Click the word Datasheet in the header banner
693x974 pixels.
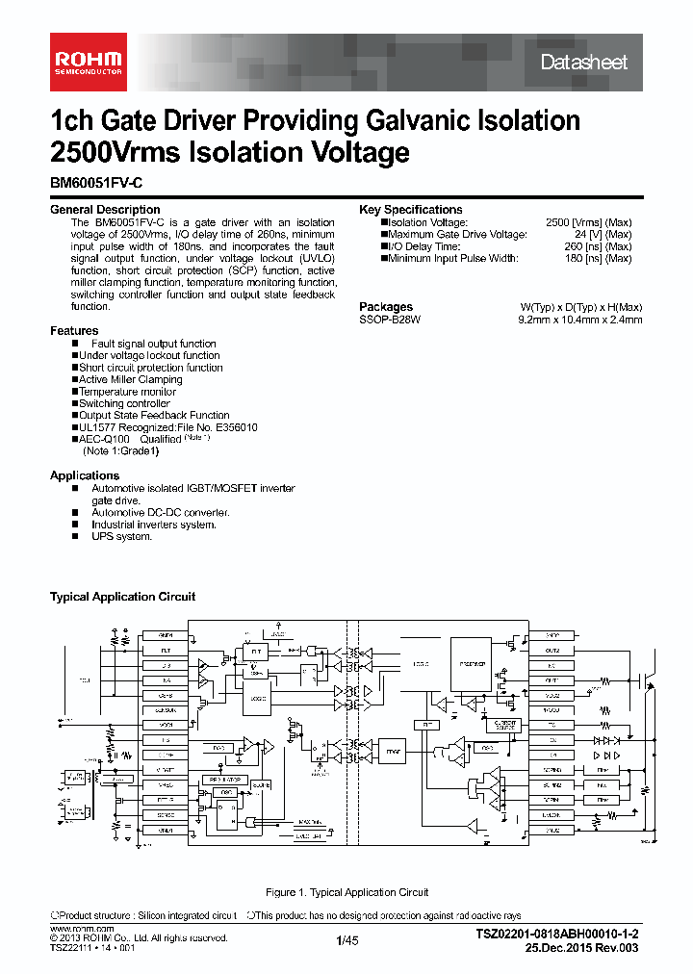[x=583, y=63]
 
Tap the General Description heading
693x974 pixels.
[x=105, y=210]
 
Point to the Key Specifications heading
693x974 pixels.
[x=411, y=210]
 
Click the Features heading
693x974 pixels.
[x=74, y=331]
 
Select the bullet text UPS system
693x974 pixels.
[x=122, y=537]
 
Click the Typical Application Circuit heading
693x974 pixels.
[x=122, y=598]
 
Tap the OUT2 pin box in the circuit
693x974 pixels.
[x=552, y=651]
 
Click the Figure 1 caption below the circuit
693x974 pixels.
[x=346, y=893]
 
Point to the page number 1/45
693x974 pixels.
[x=346, y=940]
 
